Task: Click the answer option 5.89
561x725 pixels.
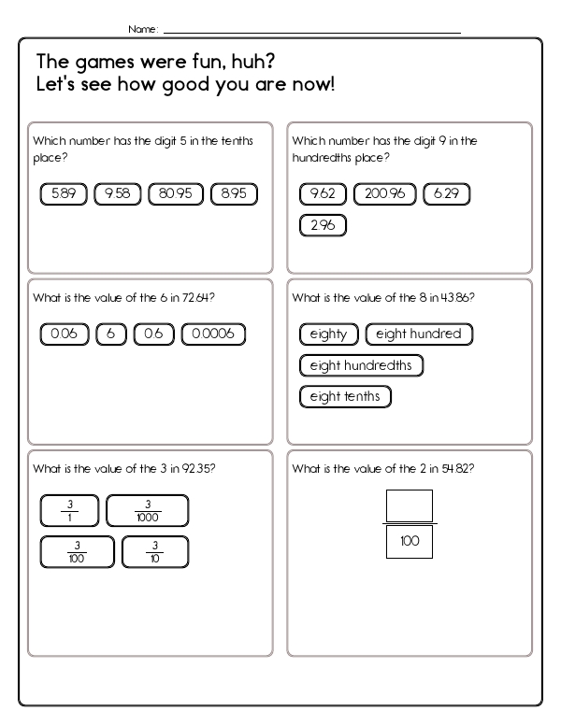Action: point(64,194)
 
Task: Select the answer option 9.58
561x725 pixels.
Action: point(118,194)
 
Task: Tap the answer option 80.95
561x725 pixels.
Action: point(176,194)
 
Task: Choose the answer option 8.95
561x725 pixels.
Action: point(234,194)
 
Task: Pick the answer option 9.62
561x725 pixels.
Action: point(323,194)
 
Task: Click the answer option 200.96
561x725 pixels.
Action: point(384,194)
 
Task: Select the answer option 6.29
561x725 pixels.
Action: point(446,194)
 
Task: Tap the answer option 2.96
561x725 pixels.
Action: point(323,225)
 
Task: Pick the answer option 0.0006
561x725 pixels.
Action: point(213,334)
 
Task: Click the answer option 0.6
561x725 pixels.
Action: point(153,334)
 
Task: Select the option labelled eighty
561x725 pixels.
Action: point(328,334)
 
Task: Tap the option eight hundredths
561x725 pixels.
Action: point(361,365)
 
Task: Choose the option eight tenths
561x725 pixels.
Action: point(345,397)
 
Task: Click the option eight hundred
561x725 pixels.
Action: point(419,334)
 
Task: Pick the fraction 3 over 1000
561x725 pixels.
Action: point(148,511)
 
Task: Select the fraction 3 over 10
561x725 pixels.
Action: point(155,551)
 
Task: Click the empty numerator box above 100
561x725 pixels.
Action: point(410,506)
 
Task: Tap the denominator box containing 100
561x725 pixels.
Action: point(410,542)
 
